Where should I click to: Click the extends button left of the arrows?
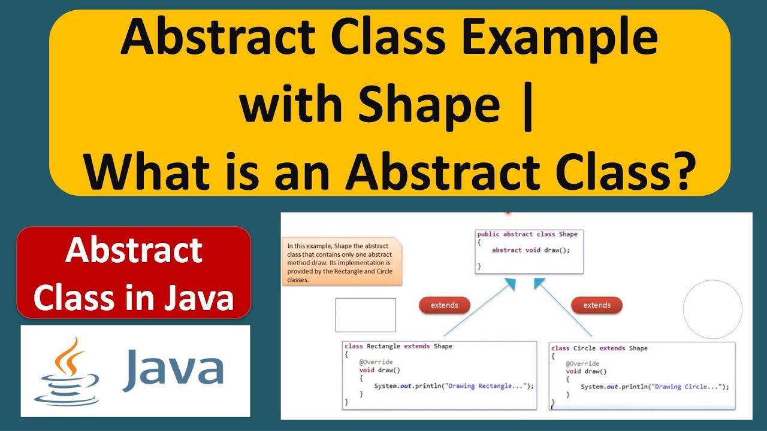pos(444,305)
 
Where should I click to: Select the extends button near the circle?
pos(597,305)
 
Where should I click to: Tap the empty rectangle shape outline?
pos(366,315)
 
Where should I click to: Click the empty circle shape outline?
pos(712,309)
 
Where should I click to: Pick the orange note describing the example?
pos(342,262)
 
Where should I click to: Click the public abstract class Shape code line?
pos(527,234)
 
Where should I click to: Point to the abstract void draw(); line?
pos(530,250)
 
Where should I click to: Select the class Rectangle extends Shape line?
pos(398,347)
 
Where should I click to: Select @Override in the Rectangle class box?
pos(376,363)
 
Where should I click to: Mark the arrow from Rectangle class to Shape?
pos(479,308)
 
